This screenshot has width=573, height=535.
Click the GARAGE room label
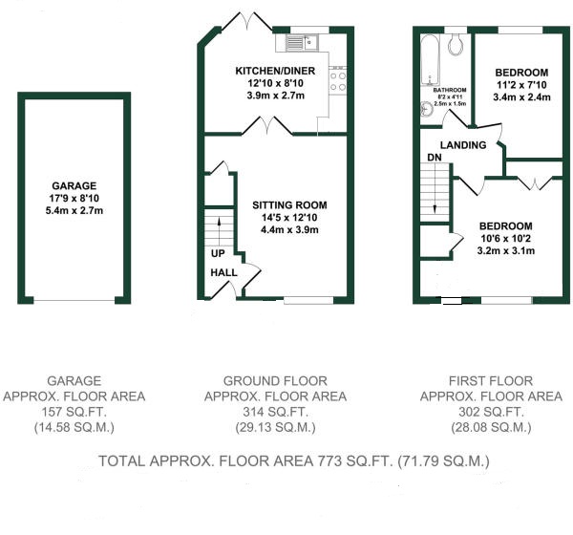point(74,185)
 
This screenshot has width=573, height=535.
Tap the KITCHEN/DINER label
point(275,71)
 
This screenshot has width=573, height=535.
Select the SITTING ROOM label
point(289,205)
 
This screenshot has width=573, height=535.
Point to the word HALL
point(223,272)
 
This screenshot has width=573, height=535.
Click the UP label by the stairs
point(218,253)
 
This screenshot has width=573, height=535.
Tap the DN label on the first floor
point(435,158)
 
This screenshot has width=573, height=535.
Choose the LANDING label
point(463,145)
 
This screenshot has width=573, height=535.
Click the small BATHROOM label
point(450,90)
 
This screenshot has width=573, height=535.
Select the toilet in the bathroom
point(456,45)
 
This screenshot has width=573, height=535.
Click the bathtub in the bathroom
point(430,60)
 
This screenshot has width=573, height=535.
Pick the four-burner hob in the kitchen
point(338,81)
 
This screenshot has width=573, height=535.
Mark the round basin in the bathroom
point(426,109)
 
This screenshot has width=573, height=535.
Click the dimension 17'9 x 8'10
point(74,198)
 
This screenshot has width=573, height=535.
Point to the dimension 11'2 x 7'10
point(521,85)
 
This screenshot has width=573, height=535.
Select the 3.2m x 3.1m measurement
point(506,251)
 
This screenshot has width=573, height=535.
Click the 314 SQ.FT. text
point(276,412)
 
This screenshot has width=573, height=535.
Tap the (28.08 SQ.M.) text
point(491,427)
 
